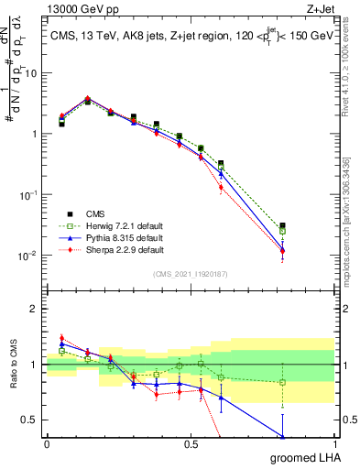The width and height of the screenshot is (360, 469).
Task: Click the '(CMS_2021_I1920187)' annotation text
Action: click(x=190, y=273)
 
